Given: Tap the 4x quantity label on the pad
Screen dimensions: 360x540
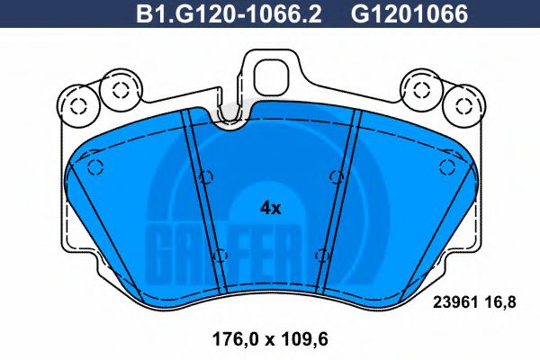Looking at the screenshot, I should (270, 207).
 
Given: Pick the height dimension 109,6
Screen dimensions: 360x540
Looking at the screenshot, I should (301, 341).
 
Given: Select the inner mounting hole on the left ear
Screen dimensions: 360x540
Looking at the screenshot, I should (115, 88).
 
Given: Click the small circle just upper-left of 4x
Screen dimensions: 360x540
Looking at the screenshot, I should (207, 175).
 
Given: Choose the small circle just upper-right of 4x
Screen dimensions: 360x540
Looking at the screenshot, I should (335, 175).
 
